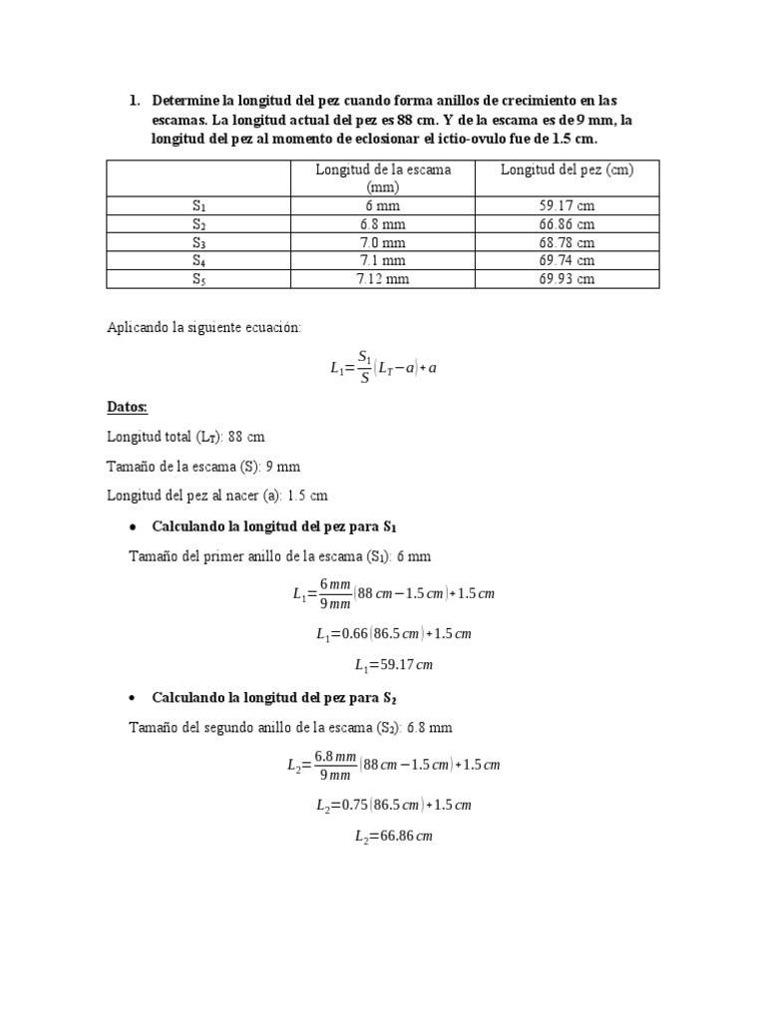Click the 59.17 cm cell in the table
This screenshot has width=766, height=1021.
click(567, 205)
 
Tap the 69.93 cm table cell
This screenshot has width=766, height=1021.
click(567, 279)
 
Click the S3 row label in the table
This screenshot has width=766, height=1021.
click(198, 242)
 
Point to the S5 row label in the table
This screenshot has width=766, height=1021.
click(198, 279)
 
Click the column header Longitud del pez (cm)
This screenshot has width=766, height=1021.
click(567, 170)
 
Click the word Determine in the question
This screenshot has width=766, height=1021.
click(185, 101)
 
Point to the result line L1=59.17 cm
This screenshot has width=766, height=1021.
click(393, 665)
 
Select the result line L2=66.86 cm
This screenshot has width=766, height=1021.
click(393, 837)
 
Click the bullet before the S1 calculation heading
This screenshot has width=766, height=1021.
click(133, 525)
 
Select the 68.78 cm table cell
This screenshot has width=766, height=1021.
click(567, 242)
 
